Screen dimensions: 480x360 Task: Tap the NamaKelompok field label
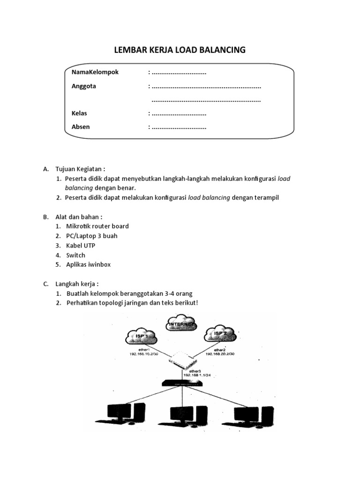tap(95, 72)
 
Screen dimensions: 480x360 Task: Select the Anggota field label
tap(83, 86)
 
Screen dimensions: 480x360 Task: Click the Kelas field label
tap(79, 113)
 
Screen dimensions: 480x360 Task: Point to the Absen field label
tap(80, 127)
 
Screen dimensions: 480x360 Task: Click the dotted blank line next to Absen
tap(179, 127)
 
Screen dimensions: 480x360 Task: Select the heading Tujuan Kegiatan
tap(80, 168)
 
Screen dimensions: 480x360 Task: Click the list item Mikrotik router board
tap(97, 226)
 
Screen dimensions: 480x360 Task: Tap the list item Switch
tap(75, 255)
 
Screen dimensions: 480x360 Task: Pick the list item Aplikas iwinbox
tap(89, 265)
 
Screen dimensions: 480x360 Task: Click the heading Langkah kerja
tap(77, 284)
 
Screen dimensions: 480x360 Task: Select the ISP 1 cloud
tap(140, 336)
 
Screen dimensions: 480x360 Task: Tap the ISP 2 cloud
tap(219, 334)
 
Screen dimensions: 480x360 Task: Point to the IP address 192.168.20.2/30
tap(220, 354)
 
